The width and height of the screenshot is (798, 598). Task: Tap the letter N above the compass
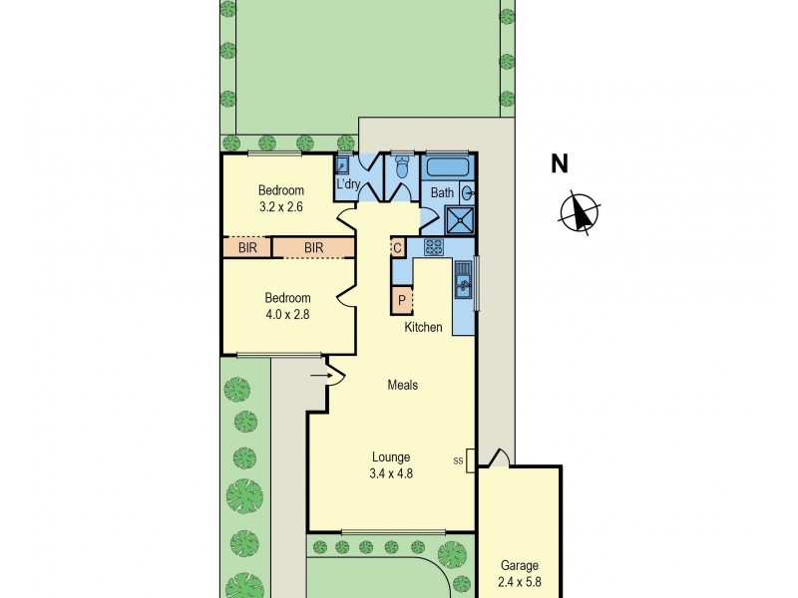[561, 164]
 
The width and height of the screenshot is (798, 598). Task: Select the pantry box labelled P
[402, 300]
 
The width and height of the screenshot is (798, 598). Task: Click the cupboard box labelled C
[396, 248]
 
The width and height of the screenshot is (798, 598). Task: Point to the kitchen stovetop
[434, 247]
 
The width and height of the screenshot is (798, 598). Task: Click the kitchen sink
[463, 288]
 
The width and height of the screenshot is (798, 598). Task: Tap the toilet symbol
[402, 170]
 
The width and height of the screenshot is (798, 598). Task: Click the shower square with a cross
[460, 219]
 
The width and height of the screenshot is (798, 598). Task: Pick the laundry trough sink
[342, 167]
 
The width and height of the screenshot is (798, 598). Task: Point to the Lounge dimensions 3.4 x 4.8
[390, 473]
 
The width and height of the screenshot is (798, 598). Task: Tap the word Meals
[403, 385]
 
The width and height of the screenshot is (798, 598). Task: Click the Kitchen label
[423, 327]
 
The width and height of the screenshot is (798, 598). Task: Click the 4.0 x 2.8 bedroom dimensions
[287, 313]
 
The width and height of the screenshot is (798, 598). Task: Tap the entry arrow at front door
[320, 376]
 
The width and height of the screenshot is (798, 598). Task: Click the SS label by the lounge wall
[459, 460]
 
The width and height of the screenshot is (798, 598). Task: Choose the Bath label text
[442, 193]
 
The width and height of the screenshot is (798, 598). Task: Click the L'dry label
[347, 184]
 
